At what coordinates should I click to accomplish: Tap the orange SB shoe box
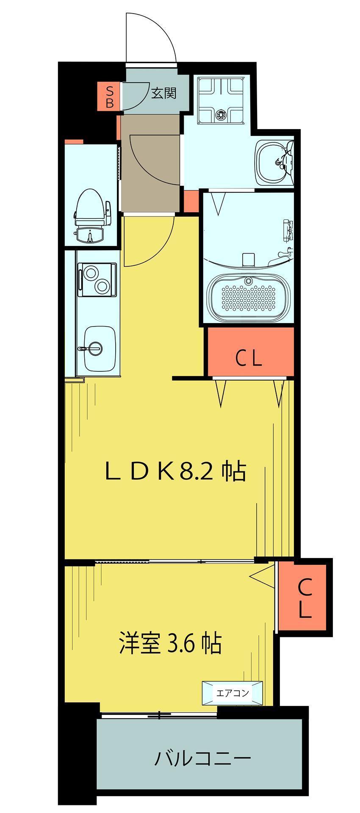point(109,97)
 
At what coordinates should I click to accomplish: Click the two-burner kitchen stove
point(97,279)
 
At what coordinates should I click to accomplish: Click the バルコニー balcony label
point(202,758)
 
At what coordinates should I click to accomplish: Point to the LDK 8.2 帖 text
point(175,471)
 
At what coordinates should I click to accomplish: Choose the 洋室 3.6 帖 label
point(170,643)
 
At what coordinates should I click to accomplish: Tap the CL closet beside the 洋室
point(304,598)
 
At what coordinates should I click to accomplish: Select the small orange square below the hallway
point(191,201)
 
